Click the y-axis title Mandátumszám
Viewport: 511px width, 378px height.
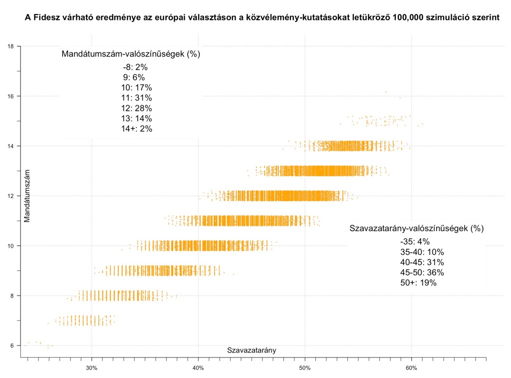click(28, 195)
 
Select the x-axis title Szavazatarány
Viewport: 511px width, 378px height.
click(252, 351)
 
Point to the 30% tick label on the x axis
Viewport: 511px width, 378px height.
click(91, 368)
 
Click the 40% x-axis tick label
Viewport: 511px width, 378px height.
click(198, 368)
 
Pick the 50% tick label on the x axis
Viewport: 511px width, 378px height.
click(305, 368)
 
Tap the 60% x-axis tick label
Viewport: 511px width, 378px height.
click(412, 368)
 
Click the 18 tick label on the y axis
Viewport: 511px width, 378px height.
click(10, 46)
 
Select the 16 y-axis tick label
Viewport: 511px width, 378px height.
click(10, 96)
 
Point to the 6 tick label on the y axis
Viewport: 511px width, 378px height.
click(12, 346)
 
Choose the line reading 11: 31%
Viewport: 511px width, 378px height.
click(137, 98)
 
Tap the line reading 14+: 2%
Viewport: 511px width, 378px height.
click(137, 129)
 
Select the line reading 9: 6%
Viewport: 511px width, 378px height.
click(134, 77)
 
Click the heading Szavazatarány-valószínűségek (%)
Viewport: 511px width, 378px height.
click(417, 229)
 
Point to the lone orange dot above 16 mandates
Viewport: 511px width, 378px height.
click(386, 92)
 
